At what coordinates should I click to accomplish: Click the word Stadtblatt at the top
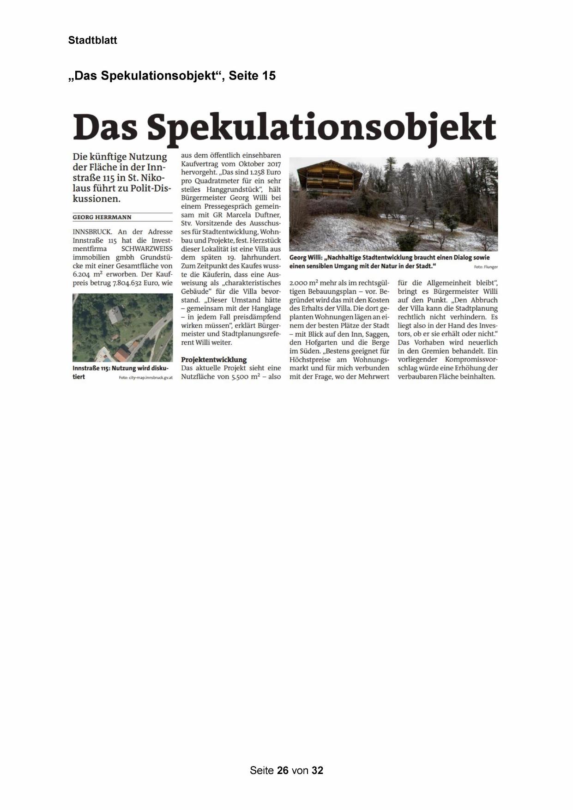(x=92, y=40)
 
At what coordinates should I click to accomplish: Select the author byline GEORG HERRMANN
(x=102, y=217)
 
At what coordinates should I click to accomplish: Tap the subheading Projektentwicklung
(x=214, y=359)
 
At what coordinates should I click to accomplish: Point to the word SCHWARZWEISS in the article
(x=147, y=248)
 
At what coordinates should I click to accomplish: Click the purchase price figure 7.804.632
(x=127, y=283)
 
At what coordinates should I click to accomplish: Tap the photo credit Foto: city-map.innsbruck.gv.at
(x=145, y=378)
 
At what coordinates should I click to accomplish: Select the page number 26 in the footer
(x=283, y=770)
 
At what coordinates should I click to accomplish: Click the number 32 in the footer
(x=317, y=770)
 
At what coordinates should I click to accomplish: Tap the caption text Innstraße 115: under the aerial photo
(x=91, y=368)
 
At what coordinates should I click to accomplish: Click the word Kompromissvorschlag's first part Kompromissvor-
(x=471, y=359)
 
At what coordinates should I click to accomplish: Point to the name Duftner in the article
(x=267, y=215)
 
